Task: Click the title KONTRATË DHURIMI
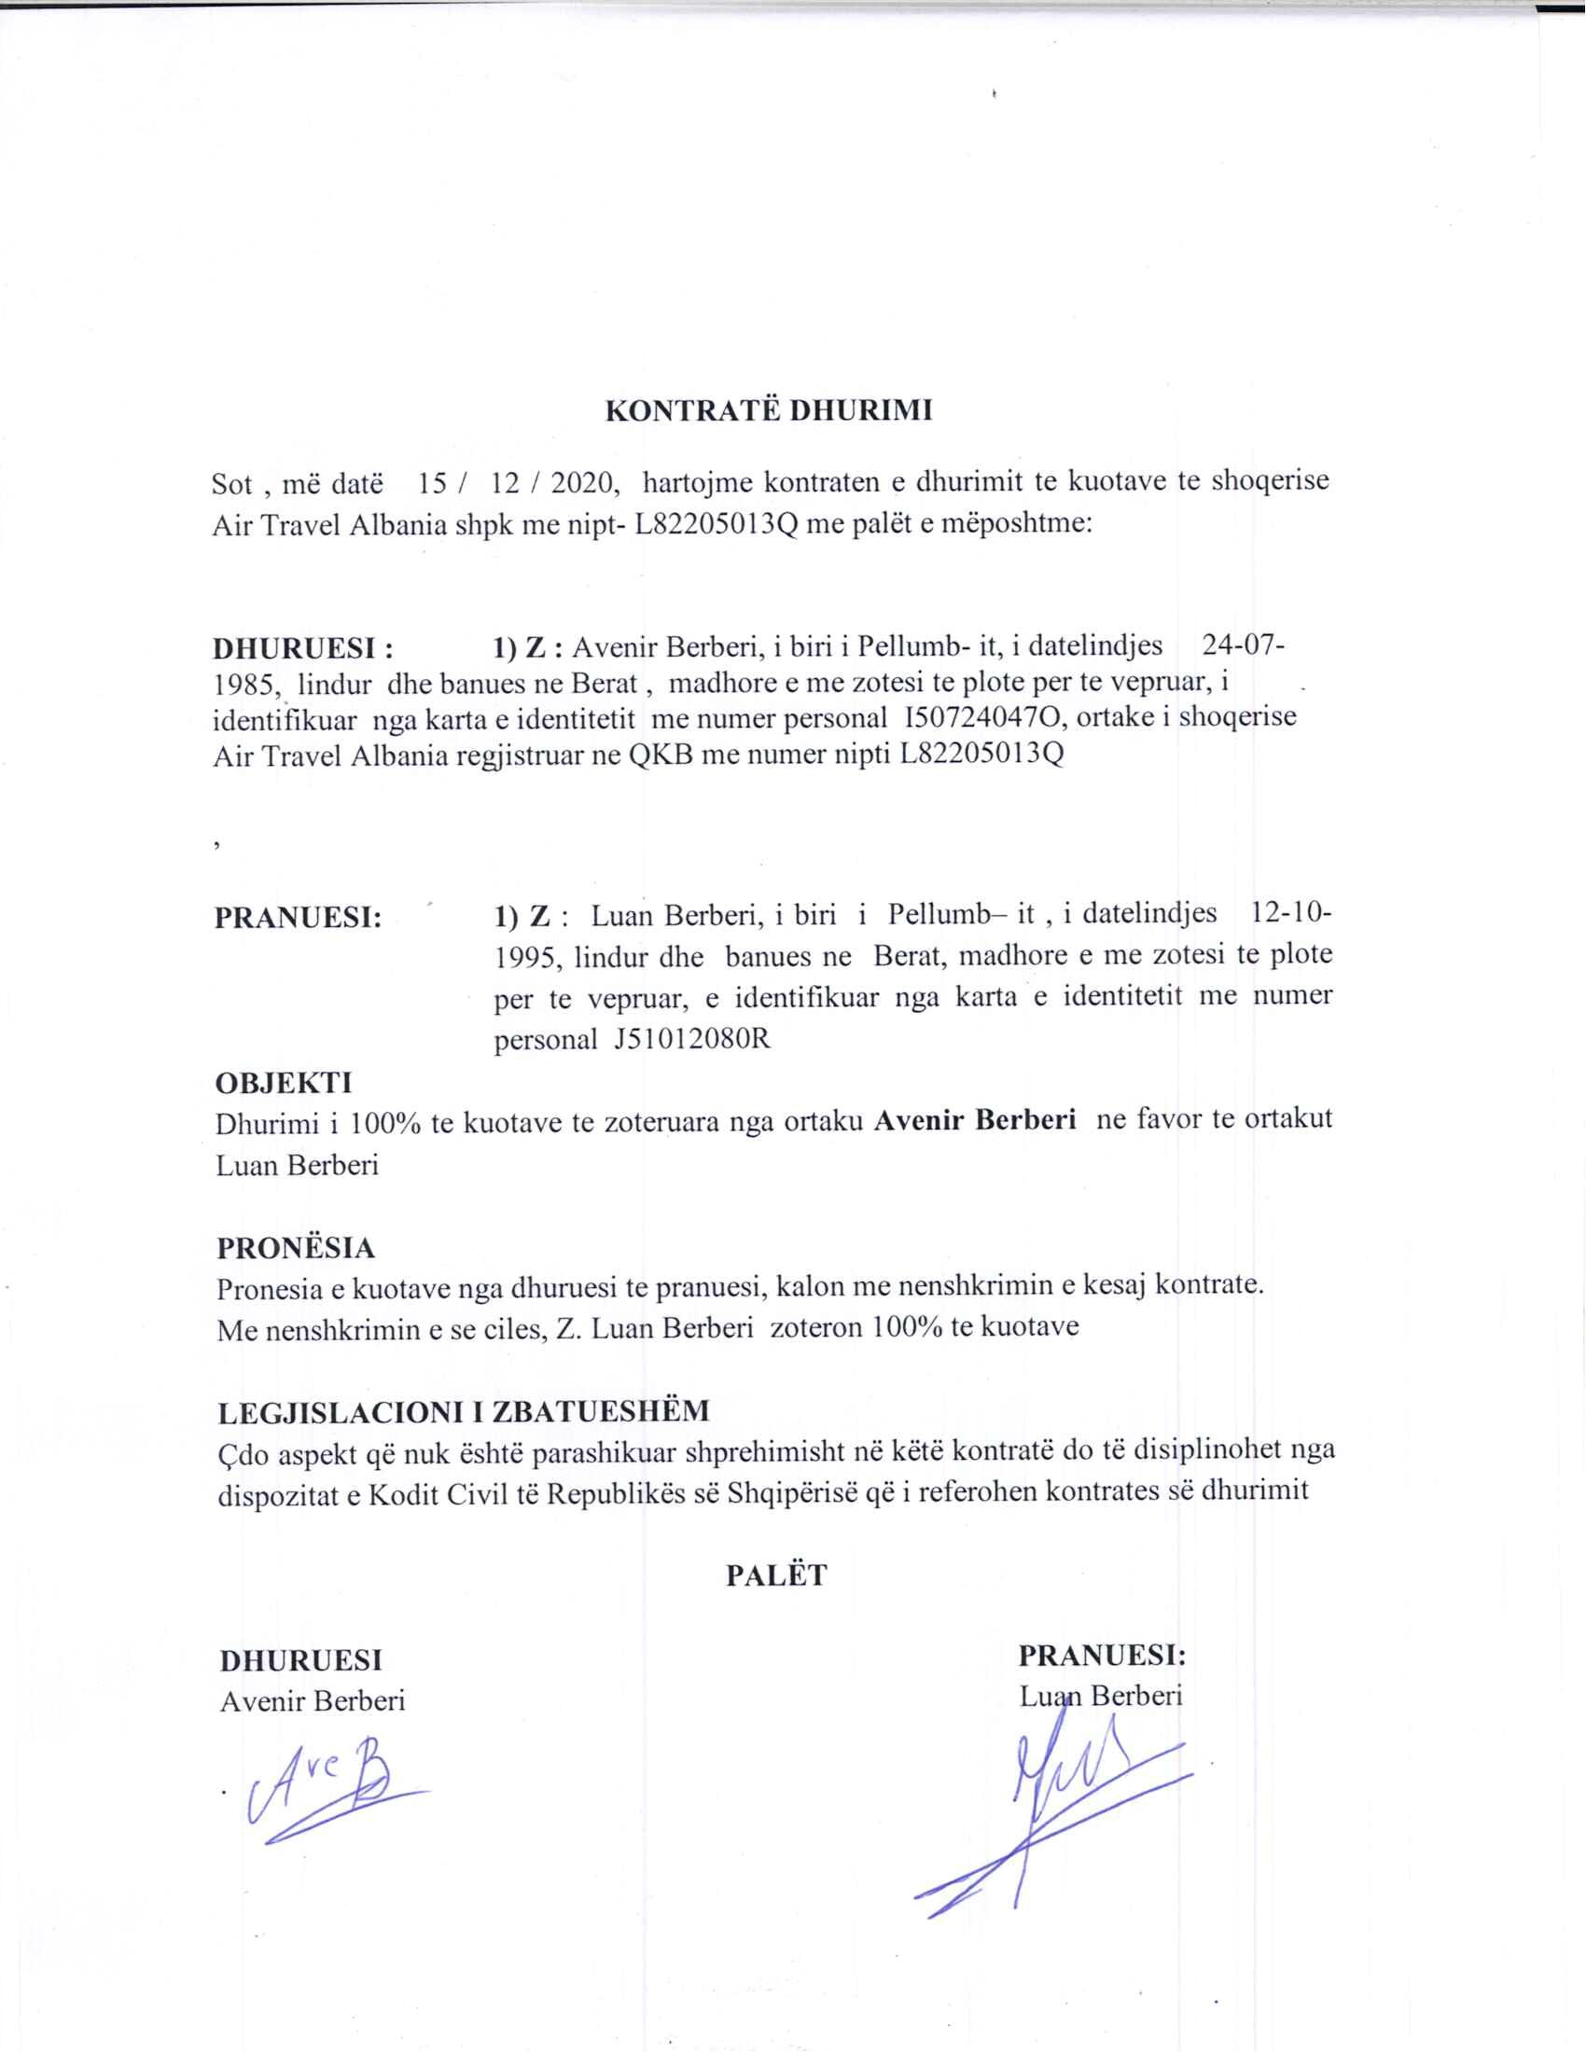coord(769,411)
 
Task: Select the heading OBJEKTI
coord(284,1082)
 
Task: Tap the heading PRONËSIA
coord(296,1248)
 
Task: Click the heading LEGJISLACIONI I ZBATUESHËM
coord(464,1411)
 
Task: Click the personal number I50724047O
coord(981,719)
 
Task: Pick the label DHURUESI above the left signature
coord(300,1660)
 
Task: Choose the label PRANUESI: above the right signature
coord(1101,1656)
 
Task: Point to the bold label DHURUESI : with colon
coord(302,648)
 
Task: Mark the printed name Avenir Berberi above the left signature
coord(312,1700)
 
